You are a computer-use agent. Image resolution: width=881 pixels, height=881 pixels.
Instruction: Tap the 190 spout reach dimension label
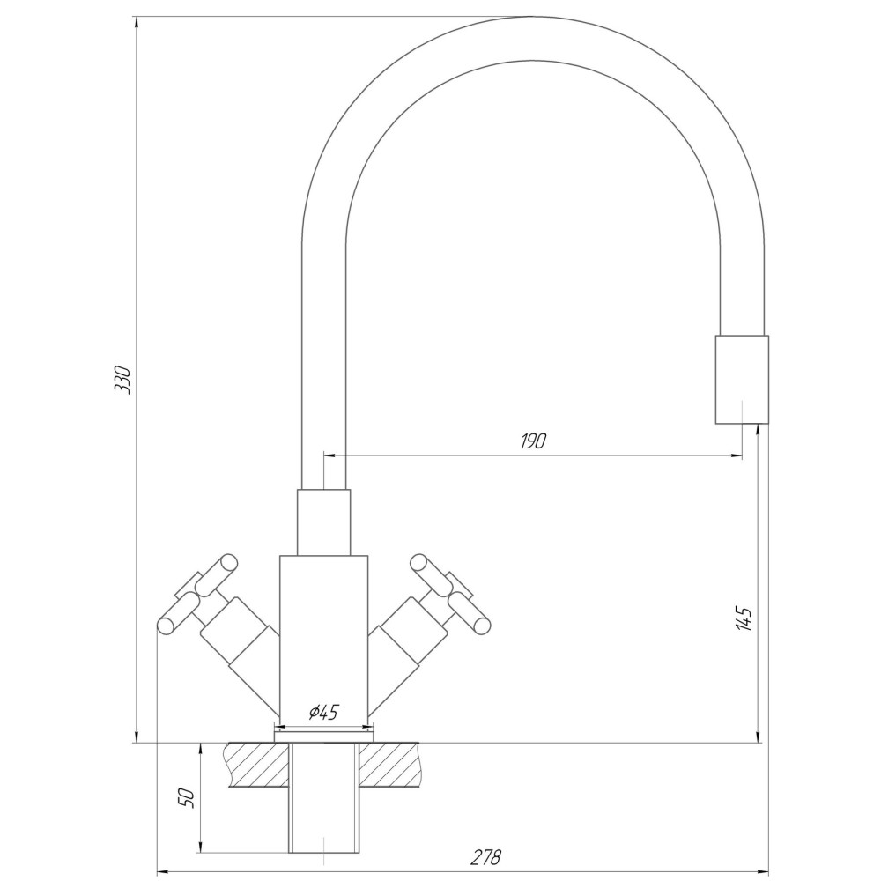[533, 441]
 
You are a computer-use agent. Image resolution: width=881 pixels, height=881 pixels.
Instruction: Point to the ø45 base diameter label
[323, 712]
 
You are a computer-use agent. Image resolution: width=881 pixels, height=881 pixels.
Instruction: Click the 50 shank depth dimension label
[187, 797]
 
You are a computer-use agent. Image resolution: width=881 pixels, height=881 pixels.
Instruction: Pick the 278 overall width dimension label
[485, 857]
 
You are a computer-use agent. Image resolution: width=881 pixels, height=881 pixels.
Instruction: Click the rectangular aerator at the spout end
[742, 379]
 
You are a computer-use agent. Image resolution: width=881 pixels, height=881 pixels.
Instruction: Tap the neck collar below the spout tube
[323, 522]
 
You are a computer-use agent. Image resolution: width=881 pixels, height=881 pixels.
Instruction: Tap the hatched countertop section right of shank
[390, 765]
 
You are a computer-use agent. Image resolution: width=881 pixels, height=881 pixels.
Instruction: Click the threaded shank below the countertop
[323, 804]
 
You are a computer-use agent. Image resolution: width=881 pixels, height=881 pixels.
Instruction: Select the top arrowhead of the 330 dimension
[137, 24]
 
